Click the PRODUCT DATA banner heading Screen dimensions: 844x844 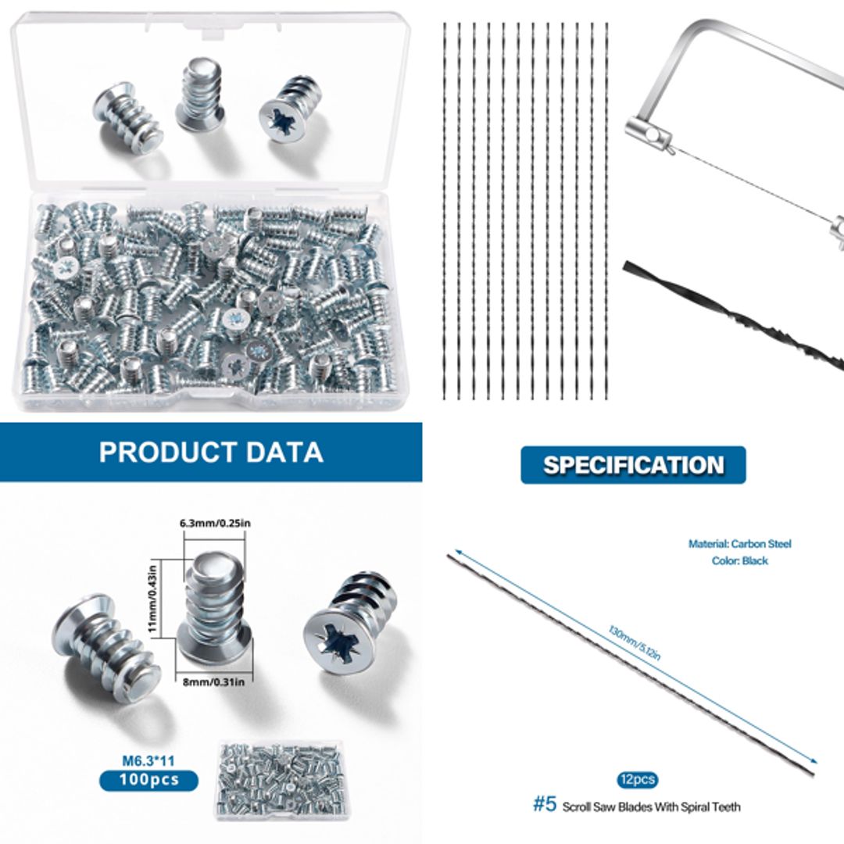point(211,452)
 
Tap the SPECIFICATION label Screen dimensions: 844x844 point(634,465)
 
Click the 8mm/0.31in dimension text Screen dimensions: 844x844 point(214,681)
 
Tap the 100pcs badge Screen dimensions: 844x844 point(148,780)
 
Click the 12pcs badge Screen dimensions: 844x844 point(636,780)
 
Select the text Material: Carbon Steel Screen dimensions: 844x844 point(739,543)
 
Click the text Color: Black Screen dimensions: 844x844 point(739,560)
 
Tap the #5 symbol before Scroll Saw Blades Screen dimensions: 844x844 point(545,805)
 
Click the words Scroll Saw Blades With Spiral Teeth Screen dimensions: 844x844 point(651,806)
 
